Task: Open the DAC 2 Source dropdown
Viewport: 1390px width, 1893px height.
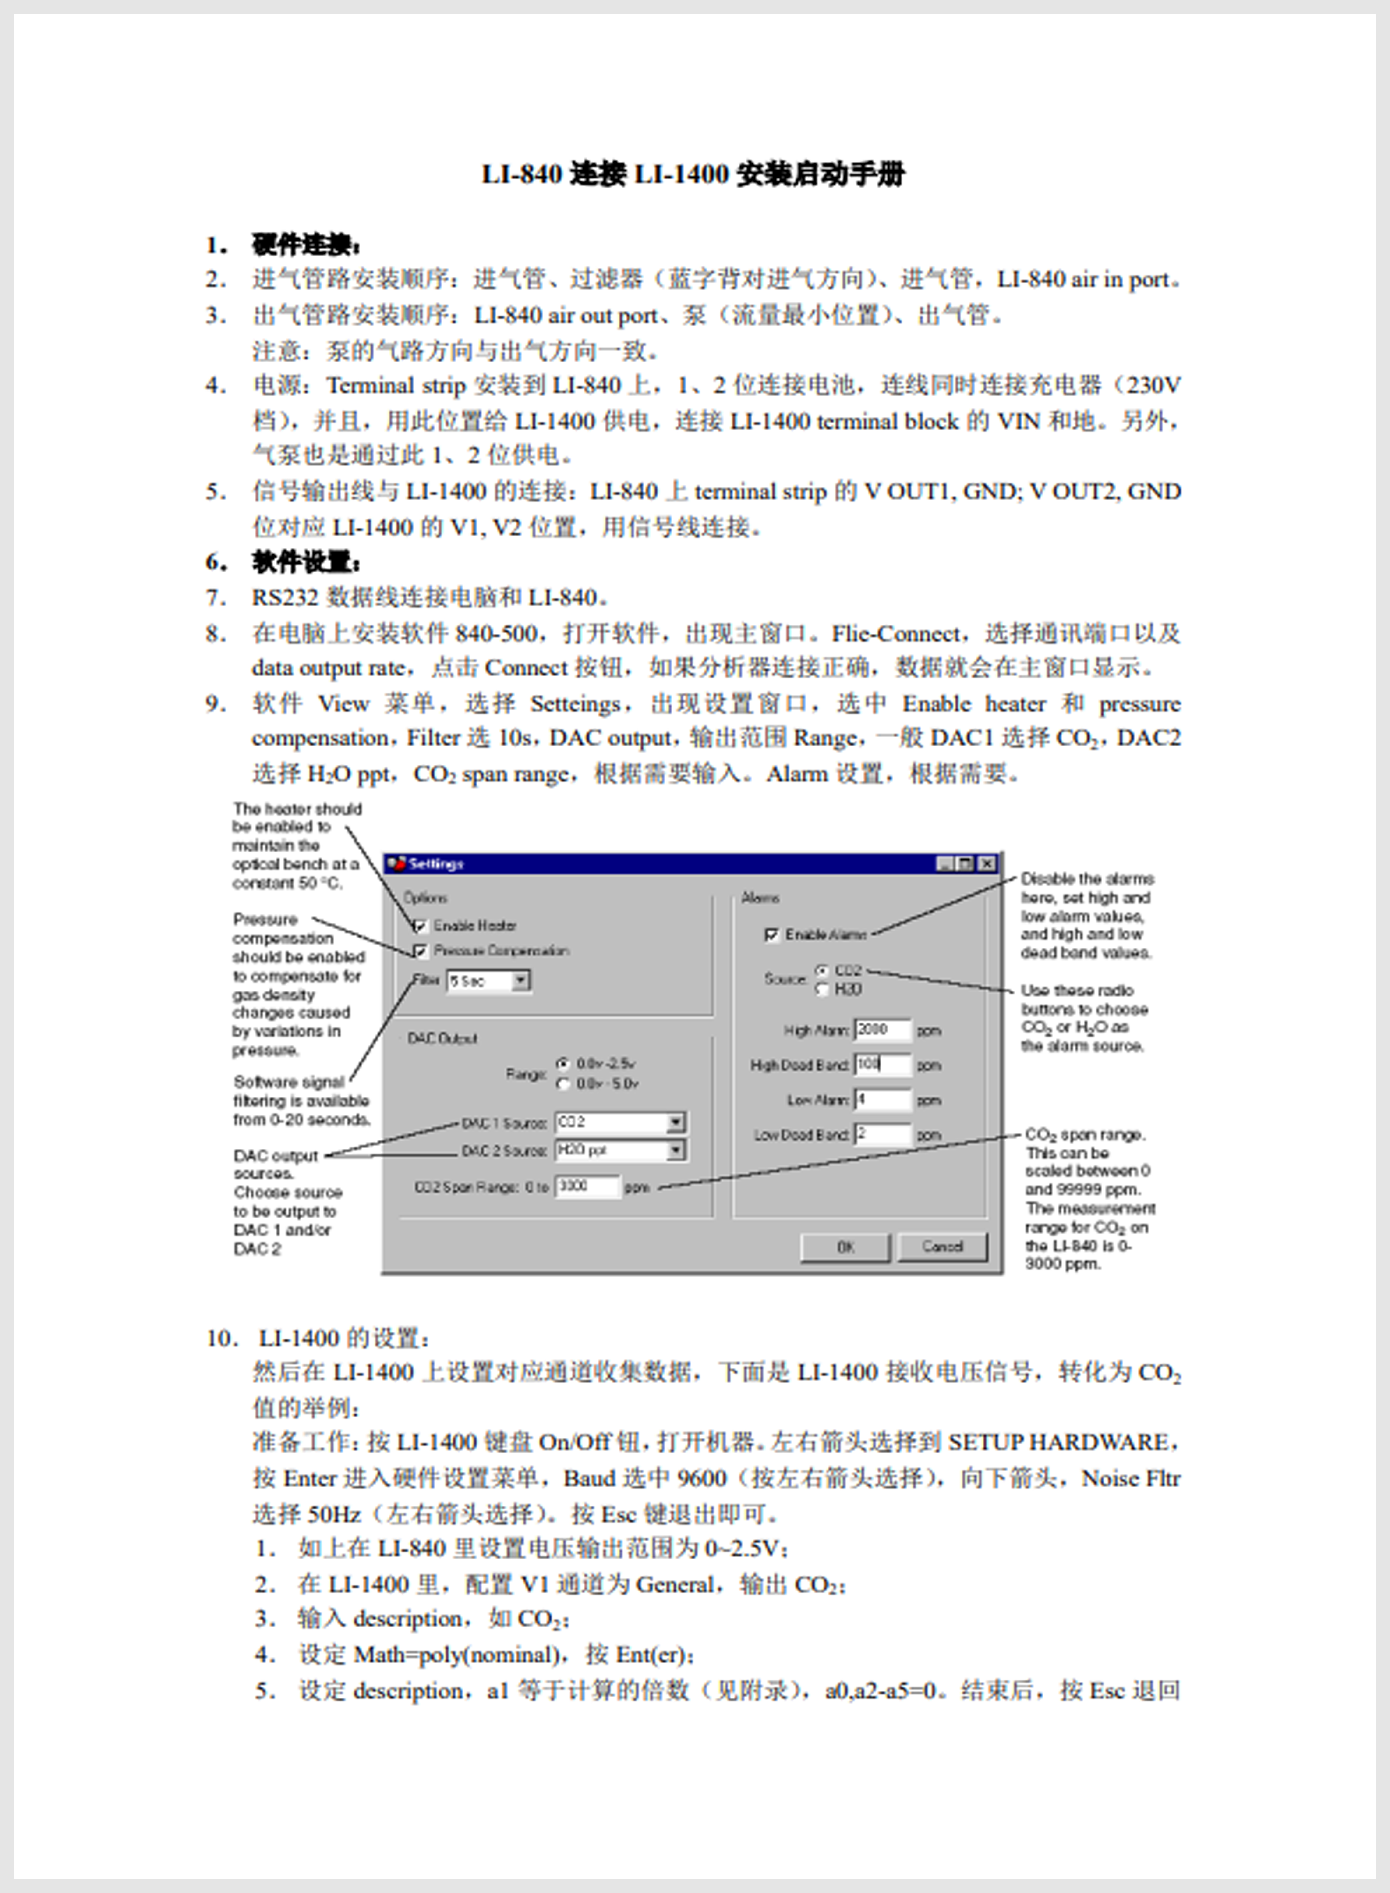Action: click(x=675, y=1151)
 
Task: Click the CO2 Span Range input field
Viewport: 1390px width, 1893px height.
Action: click(x=587, y=1187)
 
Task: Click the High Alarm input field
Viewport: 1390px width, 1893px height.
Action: click(x=882, y=1030)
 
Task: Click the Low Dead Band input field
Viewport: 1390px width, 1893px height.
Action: click(x=882, y=1135)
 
